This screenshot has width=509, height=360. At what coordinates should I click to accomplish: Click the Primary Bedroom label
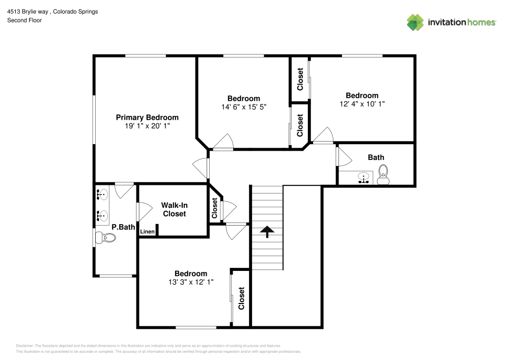point(147,117)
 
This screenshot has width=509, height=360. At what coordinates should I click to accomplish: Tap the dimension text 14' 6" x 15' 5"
point(244,107)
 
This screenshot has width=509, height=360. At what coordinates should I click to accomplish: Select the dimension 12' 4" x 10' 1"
point(362,104)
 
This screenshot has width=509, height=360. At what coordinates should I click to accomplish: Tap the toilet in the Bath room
point(383,174)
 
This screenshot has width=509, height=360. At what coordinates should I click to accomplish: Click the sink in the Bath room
point(363,178)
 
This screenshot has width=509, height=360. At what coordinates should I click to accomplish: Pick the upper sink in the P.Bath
point(101,194)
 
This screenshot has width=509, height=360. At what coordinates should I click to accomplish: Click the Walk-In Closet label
point(174,209)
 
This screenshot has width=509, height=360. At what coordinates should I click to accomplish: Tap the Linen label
point(147,232)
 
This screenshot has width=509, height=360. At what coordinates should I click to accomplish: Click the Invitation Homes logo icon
point(415,22)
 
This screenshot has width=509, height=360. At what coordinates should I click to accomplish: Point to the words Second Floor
point(24,20)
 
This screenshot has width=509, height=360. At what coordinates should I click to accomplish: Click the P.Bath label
point(122,227)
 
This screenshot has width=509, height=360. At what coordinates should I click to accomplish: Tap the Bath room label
point(376,157)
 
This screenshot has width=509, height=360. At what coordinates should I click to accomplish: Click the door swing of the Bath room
point(344,156)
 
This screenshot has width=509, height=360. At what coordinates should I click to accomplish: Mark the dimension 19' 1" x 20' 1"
point(147,125)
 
